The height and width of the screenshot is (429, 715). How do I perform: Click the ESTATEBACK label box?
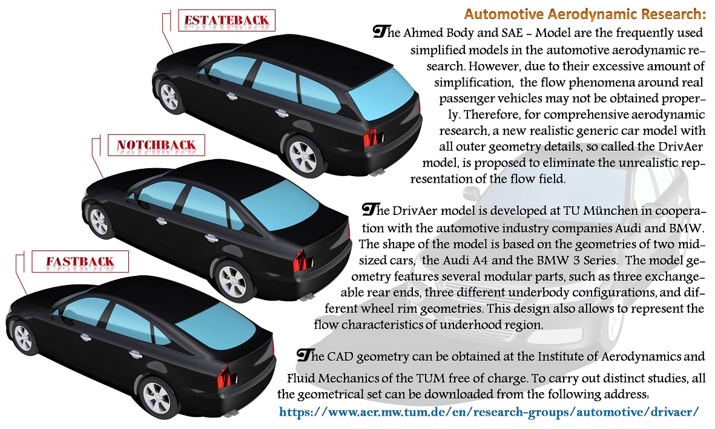[226, 20]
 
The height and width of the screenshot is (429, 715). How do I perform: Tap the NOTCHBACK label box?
[156, 145]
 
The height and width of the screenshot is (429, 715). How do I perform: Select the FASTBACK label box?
[80, 261]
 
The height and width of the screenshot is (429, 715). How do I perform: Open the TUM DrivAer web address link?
[489, 411]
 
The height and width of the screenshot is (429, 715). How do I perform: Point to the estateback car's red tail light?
[371, 137]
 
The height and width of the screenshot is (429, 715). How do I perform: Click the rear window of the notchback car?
[280, 205]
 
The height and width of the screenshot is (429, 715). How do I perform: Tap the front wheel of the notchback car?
[99, 221]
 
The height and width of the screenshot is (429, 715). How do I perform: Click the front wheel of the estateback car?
[169, 96]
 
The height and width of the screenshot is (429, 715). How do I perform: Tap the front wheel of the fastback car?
[23, 338]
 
